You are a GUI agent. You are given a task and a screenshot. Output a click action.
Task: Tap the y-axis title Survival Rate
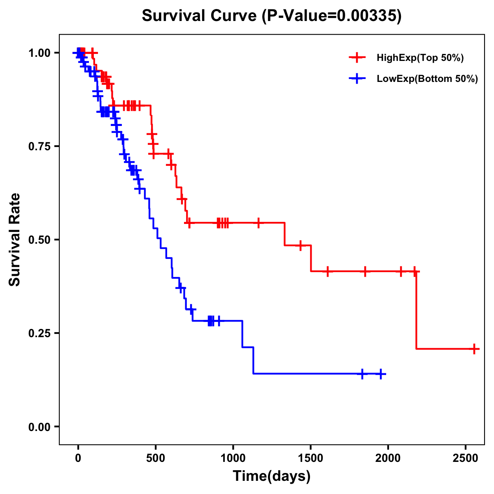15,239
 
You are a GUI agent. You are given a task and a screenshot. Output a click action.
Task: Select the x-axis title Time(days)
272,476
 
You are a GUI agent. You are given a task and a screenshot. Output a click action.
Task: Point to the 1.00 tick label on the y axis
39,53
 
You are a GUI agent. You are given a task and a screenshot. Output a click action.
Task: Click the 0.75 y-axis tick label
39,147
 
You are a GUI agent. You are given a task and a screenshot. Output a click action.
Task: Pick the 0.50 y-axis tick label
39,240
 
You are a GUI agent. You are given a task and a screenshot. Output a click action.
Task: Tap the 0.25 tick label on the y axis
39,333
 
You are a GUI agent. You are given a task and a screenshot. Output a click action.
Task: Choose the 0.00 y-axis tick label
39,427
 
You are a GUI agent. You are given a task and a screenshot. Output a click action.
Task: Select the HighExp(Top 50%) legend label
420,58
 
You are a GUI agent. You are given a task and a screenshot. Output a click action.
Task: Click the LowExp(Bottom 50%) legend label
427,79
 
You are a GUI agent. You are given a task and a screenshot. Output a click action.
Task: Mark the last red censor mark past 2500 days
474,349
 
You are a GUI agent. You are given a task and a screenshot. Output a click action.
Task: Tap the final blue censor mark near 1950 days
381,374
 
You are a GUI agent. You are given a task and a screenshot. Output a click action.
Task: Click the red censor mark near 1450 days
301,245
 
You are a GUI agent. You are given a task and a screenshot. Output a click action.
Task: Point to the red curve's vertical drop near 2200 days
416,311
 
